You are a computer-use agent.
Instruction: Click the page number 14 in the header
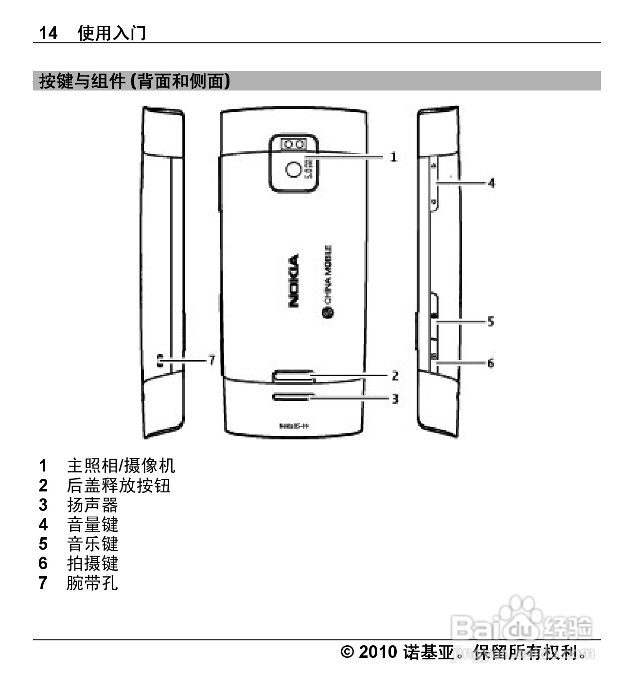[x=48, y=33]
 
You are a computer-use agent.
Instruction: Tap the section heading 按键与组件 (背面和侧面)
[x=134, y=81]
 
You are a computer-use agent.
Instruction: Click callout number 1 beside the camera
[x=393, y=157]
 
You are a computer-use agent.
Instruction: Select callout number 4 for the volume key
[x=492, y=182]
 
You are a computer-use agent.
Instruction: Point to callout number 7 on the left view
[x=211, y=360]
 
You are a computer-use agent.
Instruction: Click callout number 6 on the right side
[x=491, y=363]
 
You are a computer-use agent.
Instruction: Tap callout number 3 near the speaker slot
[x=395, y=399]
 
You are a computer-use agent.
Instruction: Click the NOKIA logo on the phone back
[x=294, y=281]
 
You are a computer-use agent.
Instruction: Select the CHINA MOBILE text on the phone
[x=328, y=275]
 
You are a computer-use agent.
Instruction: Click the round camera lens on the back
[x=293, y=169]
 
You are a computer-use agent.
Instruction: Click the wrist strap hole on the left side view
[x=160, y=361]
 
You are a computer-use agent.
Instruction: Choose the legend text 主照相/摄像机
[x=121, y=466]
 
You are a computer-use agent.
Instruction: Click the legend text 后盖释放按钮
[x=119, y=486]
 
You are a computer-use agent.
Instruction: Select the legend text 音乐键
[x=92, y=544]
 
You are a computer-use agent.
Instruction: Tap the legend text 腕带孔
[x=92, y=582]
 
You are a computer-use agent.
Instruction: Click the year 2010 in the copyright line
[x=378, y=652]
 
